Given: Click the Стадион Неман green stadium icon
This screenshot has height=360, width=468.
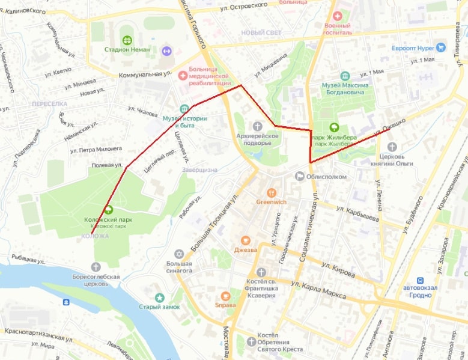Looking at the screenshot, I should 127,40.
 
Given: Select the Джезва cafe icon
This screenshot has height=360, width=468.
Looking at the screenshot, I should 246,239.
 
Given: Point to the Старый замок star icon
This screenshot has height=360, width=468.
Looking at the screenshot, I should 159,297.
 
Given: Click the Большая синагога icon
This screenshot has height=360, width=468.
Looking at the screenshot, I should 178,254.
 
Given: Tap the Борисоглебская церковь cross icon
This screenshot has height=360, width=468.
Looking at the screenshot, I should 97,267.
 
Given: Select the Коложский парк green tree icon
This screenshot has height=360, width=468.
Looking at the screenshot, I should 109,210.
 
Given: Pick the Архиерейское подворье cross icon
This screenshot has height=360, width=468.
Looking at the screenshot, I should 258,126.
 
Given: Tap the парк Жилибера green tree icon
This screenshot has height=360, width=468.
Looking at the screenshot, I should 335,127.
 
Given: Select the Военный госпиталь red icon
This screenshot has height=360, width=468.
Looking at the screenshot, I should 337,16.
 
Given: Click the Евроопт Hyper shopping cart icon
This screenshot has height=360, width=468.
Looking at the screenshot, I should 442,47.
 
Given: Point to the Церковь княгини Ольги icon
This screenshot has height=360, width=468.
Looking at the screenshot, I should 392,147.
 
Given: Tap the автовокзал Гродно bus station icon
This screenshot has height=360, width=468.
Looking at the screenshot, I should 421,280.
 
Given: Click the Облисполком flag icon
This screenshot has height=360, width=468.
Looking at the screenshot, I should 300,175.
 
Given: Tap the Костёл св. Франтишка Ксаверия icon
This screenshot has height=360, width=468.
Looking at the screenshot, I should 261,273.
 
